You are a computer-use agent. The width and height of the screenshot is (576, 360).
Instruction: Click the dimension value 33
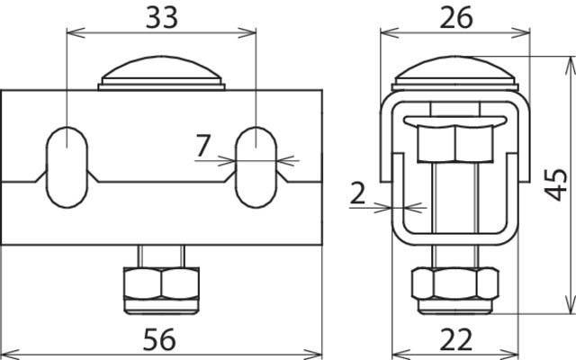pos(162,18)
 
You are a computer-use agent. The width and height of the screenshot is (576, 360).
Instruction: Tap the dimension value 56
pos(159,339)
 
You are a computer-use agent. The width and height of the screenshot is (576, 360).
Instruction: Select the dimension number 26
pos(456,18)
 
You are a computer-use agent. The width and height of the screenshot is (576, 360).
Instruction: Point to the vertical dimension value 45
pos(555,184)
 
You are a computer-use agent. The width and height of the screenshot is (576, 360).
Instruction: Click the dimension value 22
pos(456,339)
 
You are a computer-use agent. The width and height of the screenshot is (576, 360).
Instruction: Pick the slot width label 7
pos(203,146)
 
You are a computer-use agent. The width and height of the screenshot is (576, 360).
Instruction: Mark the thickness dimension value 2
pos(357,193)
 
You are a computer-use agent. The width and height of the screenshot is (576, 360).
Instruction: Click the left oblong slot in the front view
pos(67,167)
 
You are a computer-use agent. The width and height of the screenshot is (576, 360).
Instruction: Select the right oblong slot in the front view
pos(256,167)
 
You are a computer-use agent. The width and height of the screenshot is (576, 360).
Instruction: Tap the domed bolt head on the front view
pos(161,73)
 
